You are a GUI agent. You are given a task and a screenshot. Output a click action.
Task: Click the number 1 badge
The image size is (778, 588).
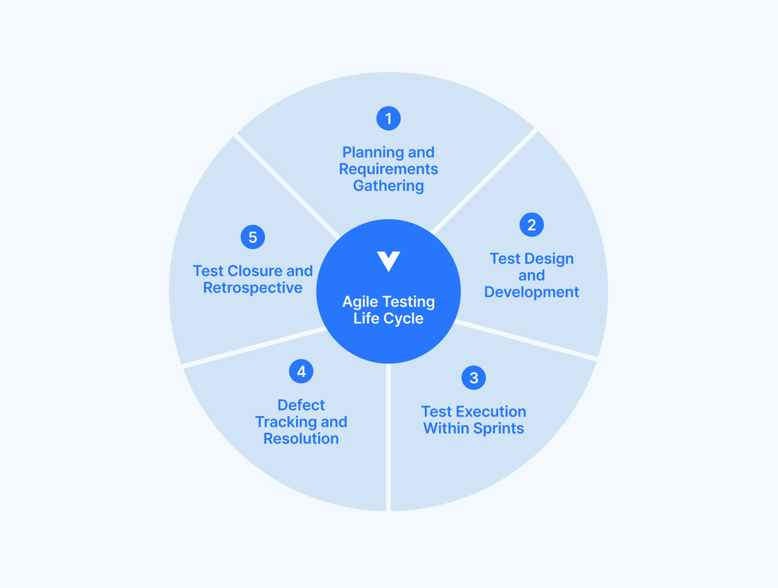pyautogui.click(x=388, y=119)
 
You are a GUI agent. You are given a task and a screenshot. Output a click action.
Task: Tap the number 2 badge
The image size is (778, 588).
pyautogui.click(x=532, y=225)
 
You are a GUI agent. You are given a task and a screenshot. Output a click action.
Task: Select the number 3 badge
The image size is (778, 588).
pyautogui.click(x=473, y=378)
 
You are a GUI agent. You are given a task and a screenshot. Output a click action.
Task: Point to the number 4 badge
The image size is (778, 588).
pyautogui.click(x=301, y=371)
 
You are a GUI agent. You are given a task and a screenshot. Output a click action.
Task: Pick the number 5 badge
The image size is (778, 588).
pyautogui.click(x=252, y=237)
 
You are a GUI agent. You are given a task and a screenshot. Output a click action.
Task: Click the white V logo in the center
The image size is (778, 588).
pyautogui.click(x=388, y=261)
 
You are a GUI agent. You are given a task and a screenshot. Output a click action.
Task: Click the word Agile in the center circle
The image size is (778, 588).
pyautogui.click(x=360, y=302)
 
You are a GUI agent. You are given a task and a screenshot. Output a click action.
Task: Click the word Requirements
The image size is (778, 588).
pyautogui.click(x=388, y=169)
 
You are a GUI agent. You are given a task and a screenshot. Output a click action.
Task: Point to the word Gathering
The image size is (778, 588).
pyautogui.click(x=388, y=186)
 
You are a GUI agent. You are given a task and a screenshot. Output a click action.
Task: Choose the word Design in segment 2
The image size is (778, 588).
pyautogui.click(x=549, y=259)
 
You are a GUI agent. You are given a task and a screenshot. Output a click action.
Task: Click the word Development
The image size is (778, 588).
pyautogui.click(x=532, y=292)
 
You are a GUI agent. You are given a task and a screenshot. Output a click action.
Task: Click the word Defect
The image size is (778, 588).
pyautogui.click(x=301, y=405)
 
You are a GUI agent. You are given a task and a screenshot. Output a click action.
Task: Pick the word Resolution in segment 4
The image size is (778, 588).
pyautogui.click(x=301, y=439)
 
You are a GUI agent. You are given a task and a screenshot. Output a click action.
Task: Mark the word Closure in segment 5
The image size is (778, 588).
pyautogui.click(x=255, y=271)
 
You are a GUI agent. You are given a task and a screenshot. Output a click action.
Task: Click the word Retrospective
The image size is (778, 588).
pyautogui.click(x=252, y=288)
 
